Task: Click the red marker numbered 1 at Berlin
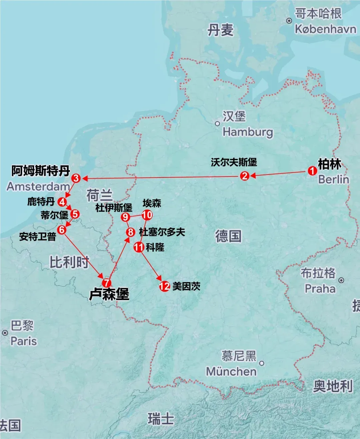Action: pyautogui.click(x=312, y=171)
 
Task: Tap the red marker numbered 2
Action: pyautogui.click(x=245, y=176)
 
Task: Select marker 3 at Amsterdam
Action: pyautogui.click(x=76, y=178)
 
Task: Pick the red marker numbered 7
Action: pyautogui.click(x=106, y=283)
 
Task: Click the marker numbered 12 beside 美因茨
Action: pyautogui.click(x=164, y=286)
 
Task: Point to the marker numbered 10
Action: pyautogui.click(x=147, y=215)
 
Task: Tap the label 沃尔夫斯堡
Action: pyautogui.click(x=234, y=162)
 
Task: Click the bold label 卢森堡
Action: pyautogui.click(x=109, y=294)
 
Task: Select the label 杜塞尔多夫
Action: pyautogui.click(x=162, y=232)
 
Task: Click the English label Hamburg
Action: pyautogui.click(x=248, y=132)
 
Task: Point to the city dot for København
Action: pyautogui.click(x=289, y=21)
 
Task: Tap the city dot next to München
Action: pyautogui.click(x=262, y=363)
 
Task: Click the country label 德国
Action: pyautogui.click(x=228, y=236)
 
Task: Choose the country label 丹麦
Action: pyautogui.click(x=220, y=30)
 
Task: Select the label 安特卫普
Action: pyautogui.click(x=37, y=236)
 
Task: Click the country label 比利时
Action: pyautogui.click(x=69, y=262)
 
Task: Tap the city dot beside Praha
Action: pyautogui.click(x=341, y=280)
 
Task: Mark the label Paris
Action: pyautogui.click(x=24, y=341)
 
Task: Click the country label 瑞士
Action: pyautogui.click(x=161, y=419)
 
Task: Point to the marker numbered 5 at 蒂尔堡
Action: pyautogui.click(x=75, y=214)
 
